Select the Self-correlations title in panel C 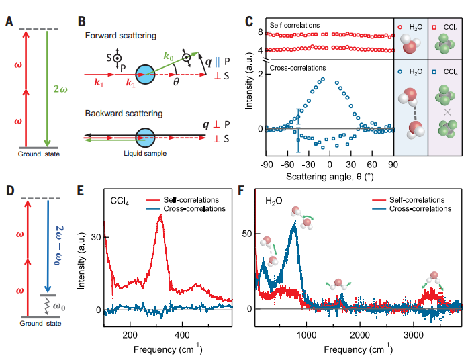pyautogui.click(x=294, y=24)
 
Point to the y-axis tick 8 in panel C pyautogui.click(x=250, y=32)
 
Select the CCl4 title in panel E pyautogui.click(x=122, y=200)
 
